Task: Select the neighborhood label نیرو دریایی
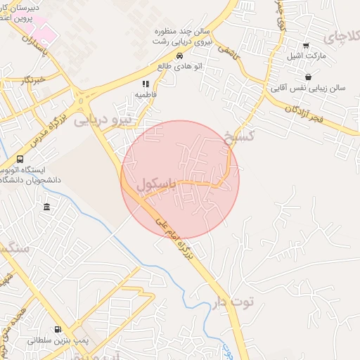[x=103, y=120]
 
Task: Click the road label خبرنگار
[x=34, y=79]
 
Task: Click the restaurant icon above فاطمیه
[x=146, y=84]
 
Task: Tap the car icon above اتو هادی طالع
[x=179, y=56]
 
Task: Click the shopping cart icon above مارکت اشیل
[x=305, y=46]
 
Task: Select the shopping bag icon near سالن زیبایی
[x=307, y=77]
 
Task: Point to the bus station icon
[x=19, y=159]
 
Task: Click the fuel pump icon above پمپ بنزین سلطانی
[x=58, y=329]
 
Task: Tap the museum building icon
[x=46, y=207]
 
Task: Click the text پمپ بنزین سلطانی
[x=53, y=340]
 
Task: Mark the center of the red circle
[x=180, y=180]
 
